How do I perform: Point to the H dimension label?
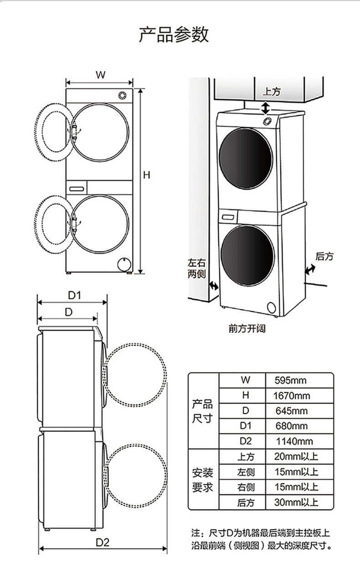pos(146,175)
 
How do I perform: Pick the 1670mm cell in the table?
pos(291,396)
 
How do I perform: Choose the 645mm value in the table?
pos(291,411)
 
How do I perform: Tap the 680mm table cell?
pos(291,426)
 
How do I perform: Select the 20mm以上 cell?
pos(296,456)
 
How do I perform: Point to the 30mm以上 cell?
pos(296,502)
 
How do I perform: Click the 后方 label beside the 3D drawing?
pos(324,257)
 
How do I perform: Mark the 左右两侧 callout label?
pos(197,268)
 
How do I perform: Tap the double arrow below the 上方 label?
pos(265,108)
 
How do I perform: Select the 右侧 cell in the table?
pos(246,487)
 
